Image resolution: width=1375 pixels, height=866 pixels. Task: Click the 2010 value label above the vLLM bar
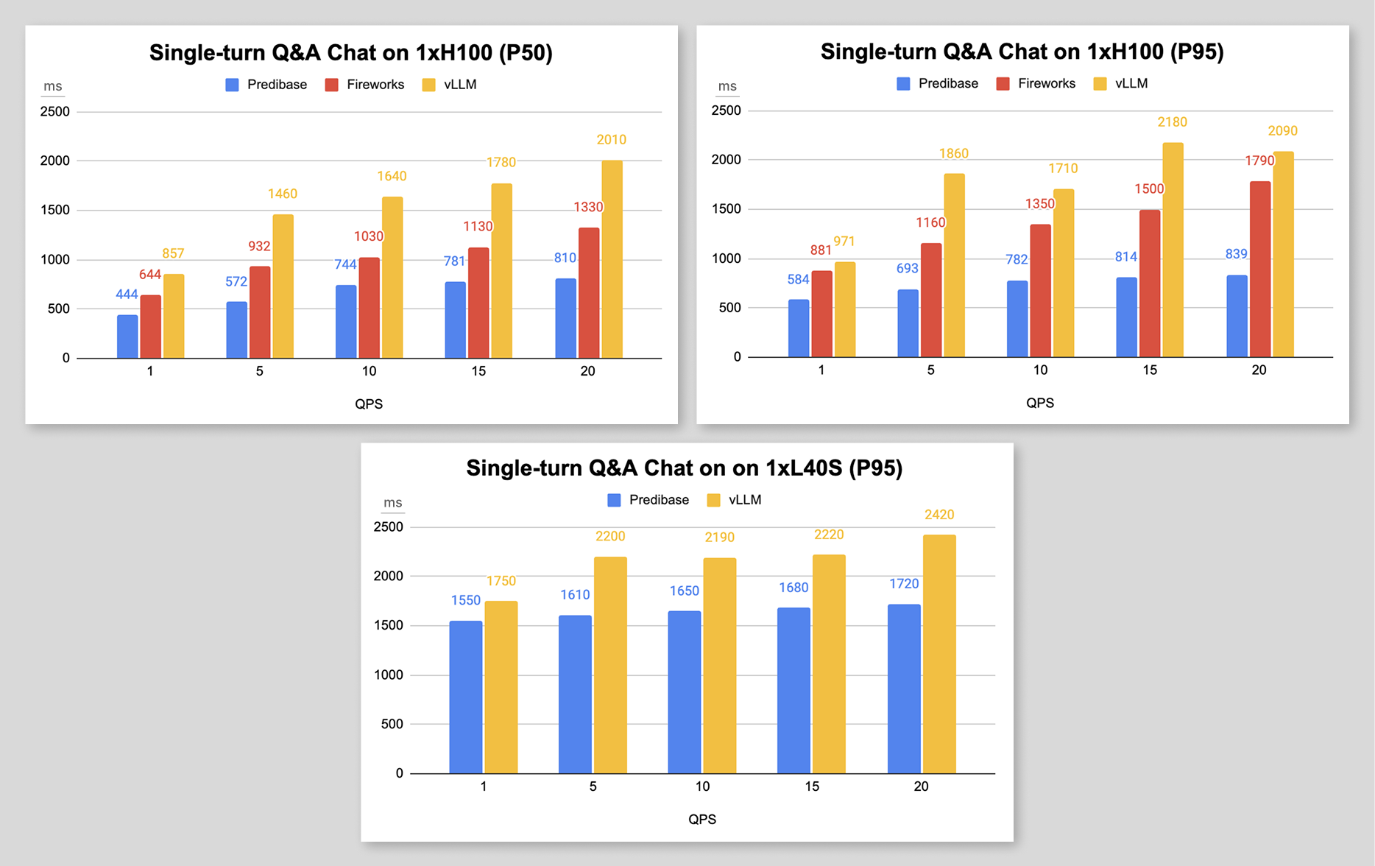pos(611,140)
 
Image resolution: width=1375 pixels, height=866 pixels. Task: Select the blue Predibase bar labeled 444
pos(127,337)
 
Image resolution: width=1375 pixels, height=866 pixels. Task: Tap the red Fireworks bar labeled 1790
pos(1259,269)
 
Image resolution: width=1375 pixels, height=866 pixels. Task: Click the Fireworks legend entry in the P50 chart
pos(364,85)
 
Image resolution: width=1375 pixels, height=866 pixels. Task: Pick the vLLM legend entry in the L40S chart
pos(734,500)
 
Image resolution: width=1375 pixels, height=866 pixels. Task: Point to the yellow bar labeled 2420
pos(939,654)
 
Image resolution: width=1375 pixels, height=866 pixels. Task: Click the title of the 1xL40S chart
pos(684,468)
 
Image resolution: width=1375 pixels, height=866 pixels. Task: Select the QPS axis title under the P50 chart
pos(369,404)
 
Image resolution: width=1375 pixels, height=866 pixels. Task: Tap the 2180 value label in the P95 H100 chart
pos(1172,122)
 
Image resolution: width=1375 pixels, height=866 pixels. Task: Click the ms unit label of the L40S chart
pos(392,503)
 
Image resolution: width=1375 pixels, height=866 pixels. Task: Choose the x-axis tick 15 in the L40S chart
pos(812,786)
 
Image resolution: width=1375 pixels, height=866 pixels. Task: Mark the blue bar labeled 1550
pos(466,697)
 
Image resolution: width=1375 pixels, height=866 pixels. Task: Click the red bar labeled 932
pos(260,312)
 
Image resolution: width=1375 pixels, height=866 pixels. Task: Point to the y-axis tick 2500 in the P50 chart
pos(55,112)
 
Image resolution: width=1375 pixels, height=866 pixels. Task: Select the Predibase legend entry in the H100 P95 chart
pos(937,84)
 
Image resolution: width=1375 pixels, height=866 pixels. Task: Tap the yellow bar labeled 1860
pos(954,265)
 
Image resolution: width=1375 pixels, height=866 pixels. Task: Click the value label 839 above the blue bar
pos(1236,254)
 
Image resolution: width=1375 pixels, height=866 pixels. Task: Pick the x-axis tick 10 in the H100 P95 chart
pos(1040,370)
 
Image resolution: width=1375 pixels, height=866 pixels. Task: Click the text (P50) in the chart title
pos(526,53)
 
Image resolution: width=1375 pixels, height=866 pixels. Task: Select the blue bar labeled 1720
pos(904,689)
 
